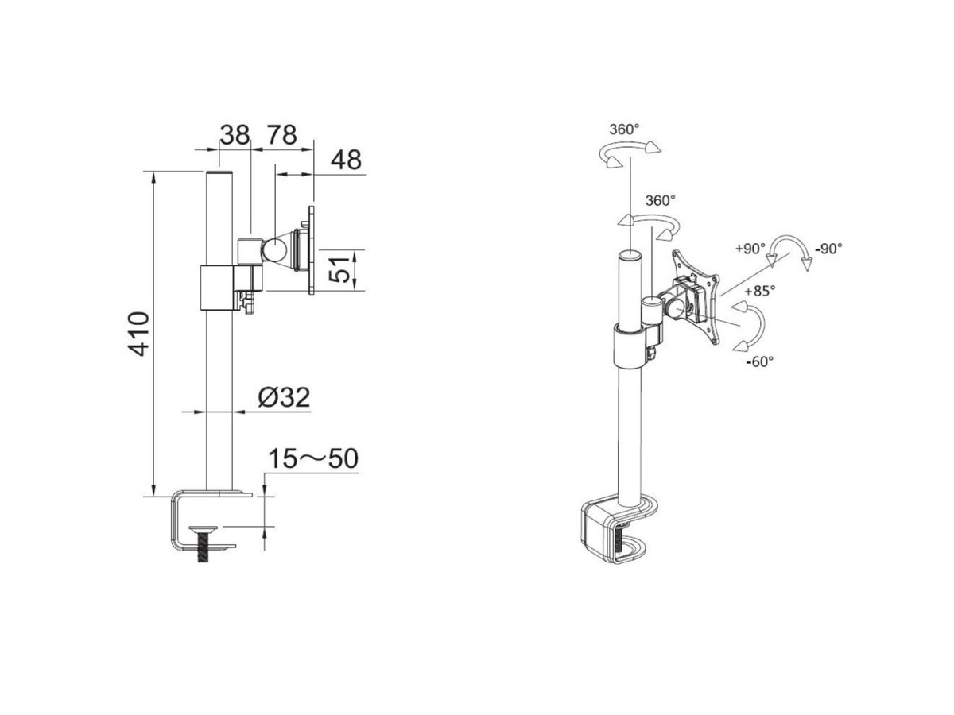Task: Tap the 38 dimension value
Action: coord(235,135)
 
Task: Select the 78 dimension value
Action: coord(281,135)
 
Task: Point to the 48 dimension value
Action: coord(346,160)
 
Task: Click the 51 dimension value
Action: coord(339,269)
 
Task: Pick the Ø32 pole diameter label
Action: coord(285,397)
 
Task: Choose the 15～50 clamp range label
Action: coord(313,459)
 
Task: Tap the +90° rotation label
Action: coord(750,249)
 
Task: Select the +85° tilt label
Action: coord(760,291)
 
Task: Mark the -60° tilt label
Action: coord(760,361)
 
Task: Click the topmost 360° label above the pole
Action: coord(625,129)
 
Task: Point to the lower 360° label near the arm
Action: coord(661,200)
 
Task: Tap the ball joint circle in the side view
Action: coord(274,251)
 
